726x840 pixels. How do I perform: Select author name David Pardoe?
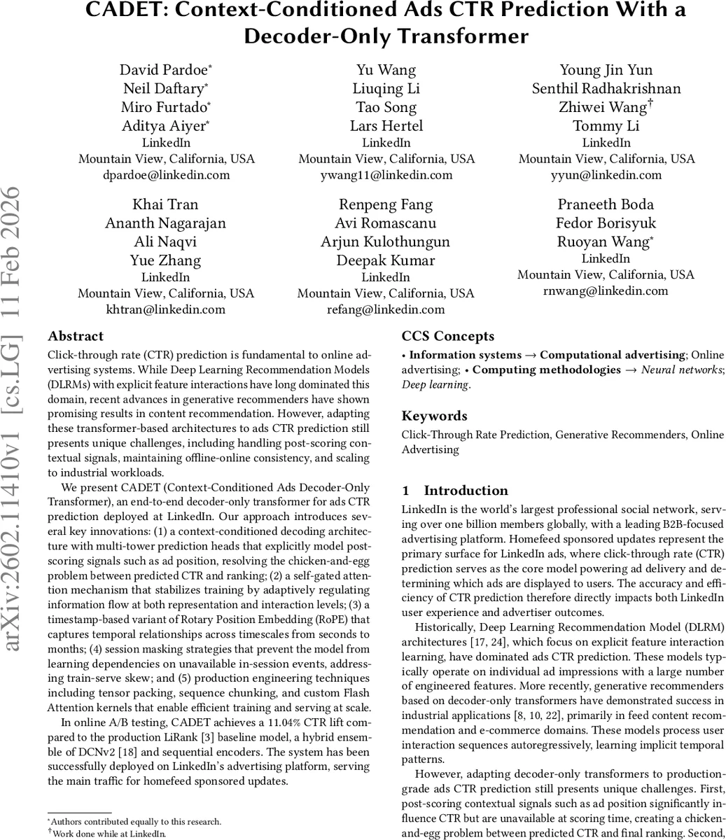pyautogui.click(x=165, y=69)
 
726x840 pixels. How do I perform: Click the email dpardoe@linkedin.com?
pyautogui.click(x=165, y=175)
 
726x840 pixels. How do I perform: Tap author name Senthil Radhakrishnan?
pyautogui.click(x=606, y=88)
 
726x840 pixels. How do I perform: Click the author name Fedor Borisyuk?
pyautogui.click(x=606, y=223)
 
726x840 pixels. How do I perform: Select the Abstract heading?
pyautogui.click(x=76, y=336)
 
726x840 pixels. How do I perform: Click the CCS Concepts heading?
pyautogui.click(x=447, y=336)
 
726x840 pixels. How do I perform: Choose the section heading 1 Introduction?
pyautogui.click(x=455, y=491)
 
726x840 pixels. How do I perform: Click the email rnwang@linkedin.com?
pyautogui.click(x=606, y=290)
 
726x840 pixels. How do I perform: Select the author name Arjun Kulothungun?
pyautogui.click(x=385, y=242)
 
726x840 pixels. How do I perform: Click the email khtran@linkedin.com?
pyautogui.click(x=165, y=309)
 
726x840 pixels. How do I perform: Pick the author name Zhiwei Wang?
pyautogui.click(x=605, y=107)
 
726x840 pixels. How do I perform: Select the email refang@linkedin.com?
pyautogui.click(x=386, y=309)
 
